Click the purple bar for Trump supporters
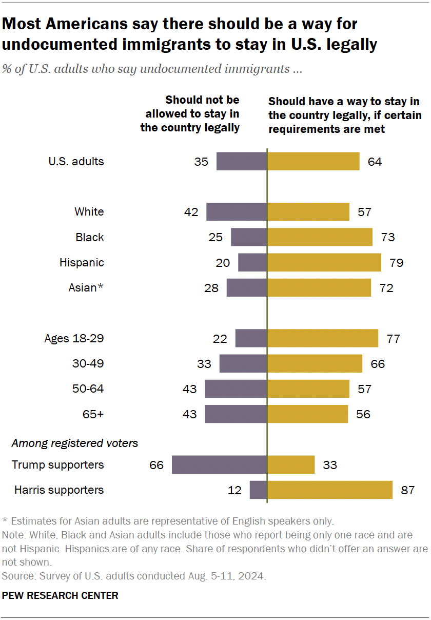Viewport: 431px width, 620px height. click(219, 465)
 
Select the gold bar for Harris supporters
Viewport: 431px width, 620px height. click(330, 490)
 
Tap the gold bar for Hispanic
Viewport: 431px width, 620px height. click(324, 262)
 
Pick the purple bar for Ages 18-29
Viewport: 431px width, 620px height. click(251, 339)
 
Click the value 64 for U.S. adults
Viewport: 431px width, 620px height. click(375, 162)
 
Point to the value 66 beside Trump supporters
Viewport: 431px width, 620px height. click(156, 465)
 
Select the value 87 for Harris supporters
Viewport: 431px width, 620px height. click(407, 490)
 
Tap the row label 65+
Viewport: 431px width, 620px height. click(93, 414)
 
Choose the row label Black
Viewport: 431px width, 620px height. click(90, 237)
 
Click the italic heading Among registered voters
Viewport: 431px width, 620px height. click(75, 443)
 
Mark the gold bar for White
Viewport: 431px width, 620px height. click(308, 212)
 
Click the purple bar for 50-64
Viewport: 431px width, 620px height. click(236, 389)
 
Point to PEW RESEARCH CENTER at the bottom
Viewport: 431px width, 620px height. click(61, 596)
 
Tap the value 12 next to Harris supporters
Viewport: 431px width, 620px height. click(234, 490)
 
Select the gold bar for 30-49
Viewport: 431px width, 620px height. click(315, 364)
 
